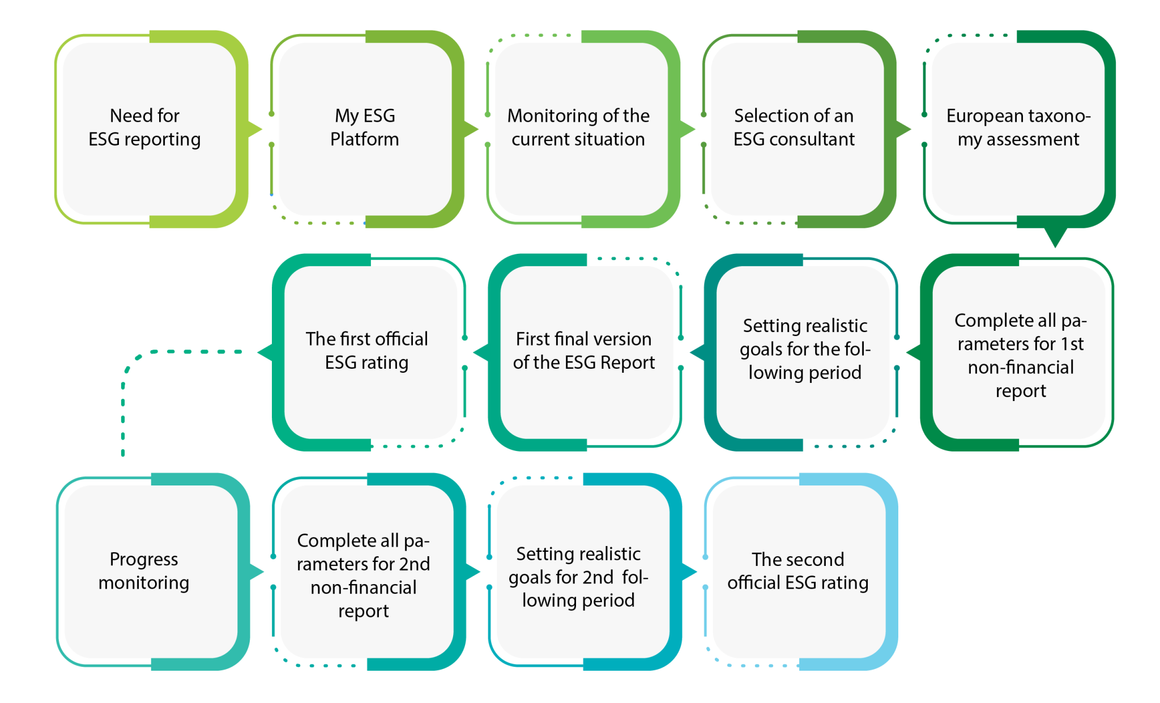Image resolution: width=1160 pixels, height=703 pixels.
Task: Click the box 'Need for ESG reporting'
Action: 148,129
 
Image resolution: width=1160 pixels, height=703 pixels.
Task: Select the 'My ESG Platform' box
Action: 365,129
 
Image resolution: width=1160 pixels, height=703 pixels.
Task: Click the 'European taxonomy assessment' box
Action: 1018,129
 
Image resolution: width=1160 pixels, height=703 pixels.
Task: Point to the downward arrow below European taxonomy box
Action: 1055,238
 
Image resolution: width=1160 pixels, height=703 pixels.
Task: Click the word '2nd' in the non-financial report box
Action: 415,564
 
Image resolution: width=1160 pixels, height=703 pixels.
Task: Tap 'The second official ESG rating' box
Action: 799,571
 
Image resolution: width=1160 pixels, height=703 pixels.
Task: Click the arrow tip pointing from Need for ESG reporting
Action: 258,129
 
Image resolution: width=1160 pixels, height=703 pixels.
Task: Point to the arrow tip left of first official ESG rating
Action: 262,352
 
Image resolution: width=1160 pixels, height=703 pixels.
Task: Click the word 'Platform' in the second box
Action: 364,139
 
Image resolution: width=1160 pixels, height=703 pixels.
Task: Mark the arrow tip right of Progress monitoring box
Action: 259,572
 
